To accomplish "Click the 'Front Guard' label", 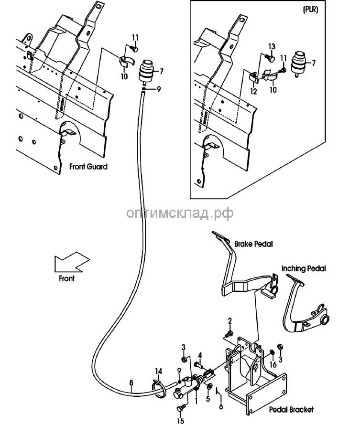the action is (x=88, y=167).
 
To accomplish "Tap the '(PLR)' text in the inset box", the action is (x=310, y=9).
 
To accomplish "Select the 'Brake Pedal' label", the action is (x=253, y=244).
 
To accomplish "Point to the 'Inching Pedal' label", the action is (x=304, y=268).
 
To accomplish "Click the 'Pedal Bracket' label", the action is (x=291, y=409).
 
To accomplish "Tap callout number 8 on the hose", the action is (x=131, y=382).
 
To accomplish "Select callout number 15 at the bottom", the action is (x=180, y=421).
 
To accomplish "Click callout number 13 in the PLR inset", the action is (x=272, y=47).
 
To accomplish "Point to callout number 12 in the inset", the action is (x=253, y=91).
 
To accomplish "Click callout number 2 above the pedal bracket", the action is (x=230, y=321).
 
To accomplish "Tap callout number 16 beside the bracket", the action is (x=273, y=364).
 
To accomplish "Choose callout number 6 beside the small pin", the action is (x=221, y=406).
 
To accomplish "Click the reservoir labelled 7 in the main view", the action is (x=146, y=71).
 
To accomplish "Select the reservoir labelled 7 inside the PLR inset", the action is (x=298, y=64).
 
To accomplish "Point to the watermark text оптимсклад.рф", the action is (x=180, y=213).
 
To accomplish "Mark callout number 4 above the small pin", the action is (x=200, y=355).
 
